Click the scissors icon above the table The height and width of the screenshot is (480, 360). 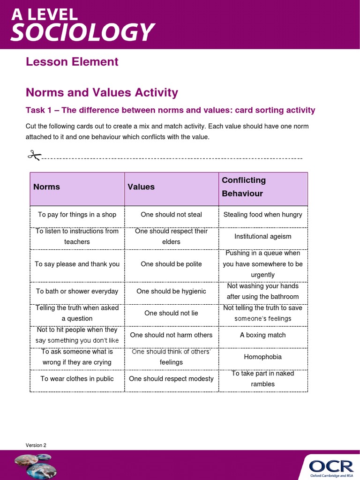34,155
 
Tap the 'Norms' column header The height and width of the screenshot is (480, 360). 47,187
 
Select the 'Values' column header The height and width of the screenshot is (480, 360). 141,187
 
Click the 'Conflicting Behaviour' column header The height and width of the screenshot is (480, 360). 244,187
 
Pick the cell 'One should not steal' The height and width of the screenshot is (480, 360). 171,215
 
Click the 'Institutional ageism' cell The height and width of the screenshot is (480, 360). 263,236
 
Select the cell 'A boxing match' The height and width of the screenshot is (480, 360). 263,335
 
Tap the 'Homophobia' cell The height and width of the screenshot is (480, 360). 263,357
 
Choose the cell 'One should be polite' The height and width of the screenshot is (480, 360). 171,264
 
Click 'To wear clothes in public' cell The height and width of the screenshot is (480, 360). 77,379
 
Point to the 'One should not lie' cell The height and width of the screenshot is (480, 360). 171,313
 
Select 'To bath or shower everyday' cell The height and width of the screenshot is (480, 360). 77,291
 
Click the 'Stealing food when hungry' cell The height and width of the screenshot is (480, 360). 263,215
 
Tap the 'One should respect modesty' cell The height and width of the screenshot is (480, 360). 171,379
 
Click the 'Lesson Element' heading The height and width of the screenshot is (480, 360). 72,62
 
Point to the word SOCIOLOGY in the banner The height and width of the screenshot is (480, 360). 82,32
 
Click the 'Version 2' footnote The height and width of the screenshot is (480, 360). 36,445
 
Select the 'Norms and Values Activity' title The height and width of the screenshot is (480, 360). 102,92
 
